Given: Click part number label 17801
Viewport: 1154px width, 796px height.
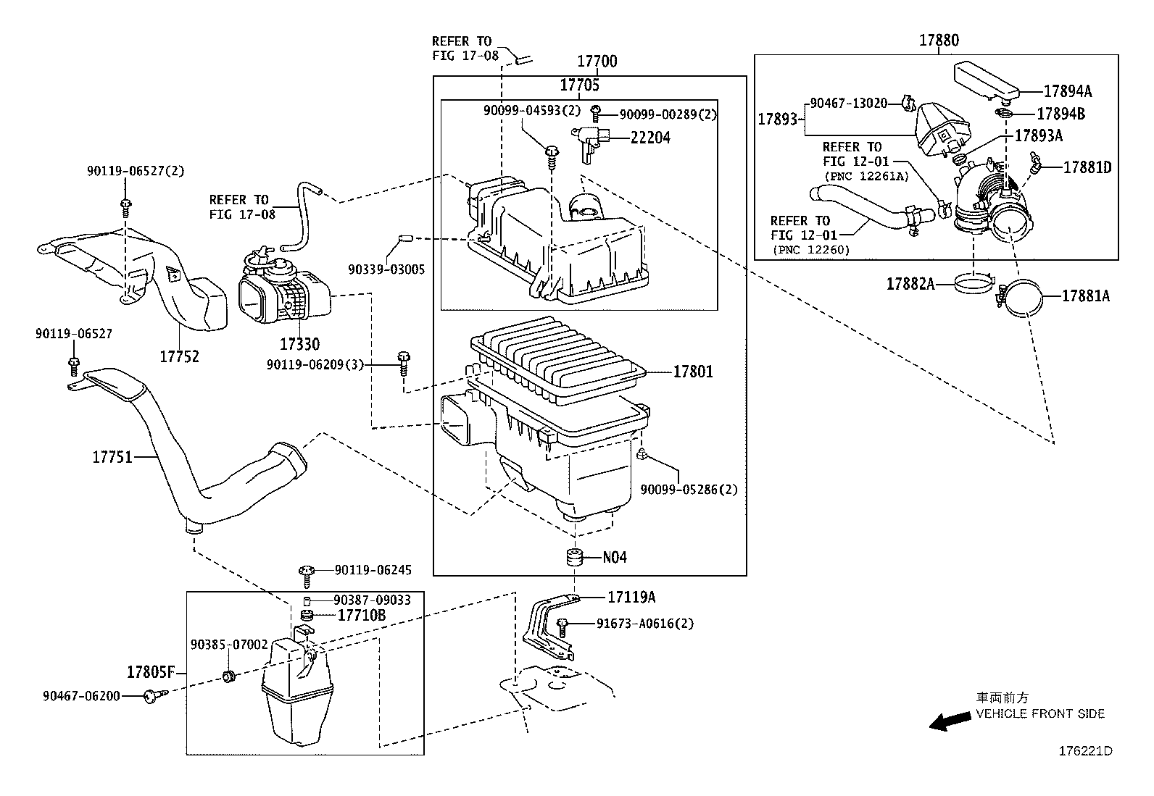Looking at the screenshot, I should [693, 372].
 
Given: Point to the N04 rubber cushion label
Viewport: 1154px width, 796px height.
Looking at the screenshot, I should [615, 558].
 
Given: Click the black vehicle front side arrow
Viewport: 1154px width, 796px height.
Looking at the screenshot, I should [950, 720].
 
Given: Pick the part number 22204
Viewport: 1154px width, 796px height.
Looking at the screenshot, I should [650, 138].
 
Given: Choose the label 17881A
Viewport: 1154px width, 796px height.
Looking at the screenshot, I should [1086, 296].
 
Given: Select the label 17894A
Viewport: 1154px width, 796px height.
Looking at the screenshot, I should [1068, 91].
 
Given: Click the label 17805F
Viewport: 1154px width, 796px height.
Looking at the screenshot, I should [151, 671].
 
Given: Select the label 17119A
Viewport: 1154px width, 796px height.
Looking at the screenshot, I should [631, 597].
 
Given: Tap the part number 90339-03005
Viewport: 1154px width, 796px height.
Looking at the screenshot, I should [386, 269].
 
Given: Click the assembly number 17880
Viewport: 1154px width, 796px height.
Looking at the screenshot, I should [939, 41].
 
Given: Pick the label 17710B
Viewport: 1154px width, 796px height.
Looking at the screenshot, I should [362, 616].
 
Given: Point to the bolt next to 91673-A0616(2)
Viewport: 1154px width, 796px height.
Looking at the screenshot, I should [563, 626].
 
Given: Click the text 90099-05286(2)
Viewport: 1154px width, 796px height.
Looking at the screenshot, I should [689, 490].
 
